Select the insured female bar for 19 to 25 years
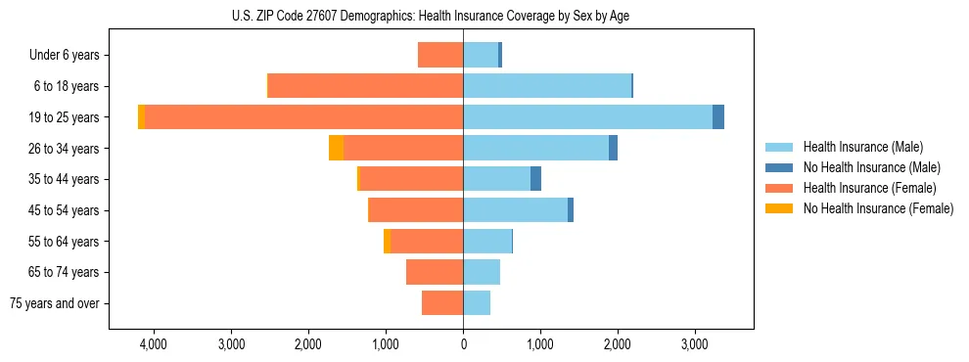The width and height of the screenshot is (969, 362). tap(303, 116)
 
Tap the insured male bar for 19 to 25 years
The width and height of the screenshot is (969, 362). tap(587, 116)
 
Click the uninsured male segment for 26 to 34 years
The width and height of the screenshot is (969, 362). tap(613, 148)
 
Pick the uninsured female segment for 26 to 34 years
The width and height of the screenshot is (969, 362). tap(336, 148)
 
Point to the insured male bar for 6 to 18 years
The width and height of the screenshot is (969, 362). tap(547, 86)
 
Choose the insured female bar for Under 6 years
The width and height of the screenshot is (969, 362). tap(440, 55)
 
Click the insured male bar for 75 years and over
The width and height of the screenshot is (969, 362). tap(477, 303)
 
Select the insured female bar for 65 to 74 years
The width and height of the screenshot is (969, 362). tap(435, 272)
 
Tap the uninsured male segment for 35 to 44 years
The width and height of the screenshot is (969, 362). tap(535, 179)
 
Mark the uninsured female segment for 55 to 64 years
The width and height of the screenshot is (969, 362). tap(388, 241)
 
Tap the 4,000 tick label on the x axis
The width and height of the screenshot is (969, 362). tap(154, 344)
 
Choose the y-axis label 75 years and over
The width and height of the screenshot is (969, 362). tap(55, 303)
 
